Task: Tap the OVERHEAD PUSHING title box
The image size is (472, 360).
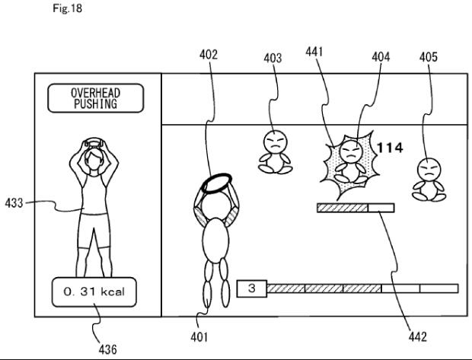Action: [95, 99]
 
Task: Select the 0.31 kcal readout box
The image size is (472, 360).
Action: [95, 292]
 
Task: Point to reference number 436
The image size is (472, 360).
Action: [109, 349]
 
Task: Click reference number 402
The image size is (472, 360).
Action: [208, 55]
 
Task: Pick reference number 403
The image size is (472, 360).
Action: [273, 58]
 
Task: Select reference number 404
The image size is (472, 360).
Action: [382, 57]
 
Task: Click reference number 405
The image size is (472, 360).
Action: [429, 57]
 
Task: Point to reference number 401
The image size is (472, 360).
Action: [199, 335]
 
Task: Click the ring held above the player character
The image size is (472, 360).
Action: [216, 183]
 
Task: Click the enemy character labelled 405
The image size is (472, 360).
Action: [429, 179]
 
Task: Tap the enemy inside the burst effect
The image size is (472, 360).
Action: [350, 160]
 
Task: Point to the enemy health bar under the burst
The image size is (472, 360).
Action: [356, 207]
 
